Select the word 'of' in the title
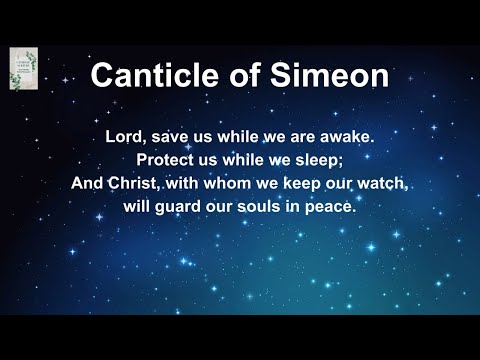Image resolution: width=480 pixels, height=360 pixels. [245, 75]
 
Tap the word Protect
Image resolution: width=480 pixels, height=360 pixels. [171, 161]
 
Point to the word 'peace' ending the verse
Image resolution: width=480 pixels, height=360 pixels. [333, 207]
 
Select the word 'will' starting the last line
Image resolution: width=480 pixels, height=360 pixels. [141, 207]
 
